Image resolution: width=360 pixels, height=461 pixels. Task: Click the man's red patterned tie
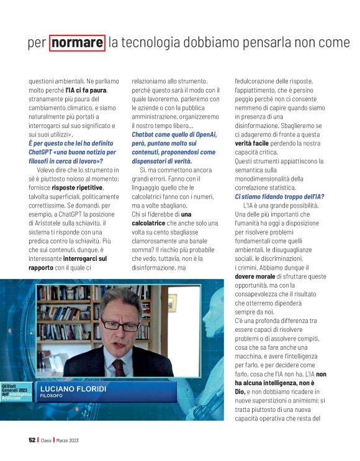coord(118,367)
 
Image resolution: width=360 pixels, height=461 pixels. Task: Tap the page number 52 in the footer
coord(32,440)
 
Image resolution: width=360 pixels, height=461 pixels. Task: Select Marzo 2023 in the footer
coord(68,440)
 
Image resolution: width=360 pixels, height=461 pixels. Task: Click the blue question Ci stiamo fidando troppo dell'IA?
coord(279,196)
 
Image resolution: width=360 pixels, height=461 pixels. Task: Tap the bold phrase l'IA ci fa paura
coord(86,90)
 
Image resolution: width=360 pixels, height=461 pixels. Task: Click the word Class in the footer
coord(46,440)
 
